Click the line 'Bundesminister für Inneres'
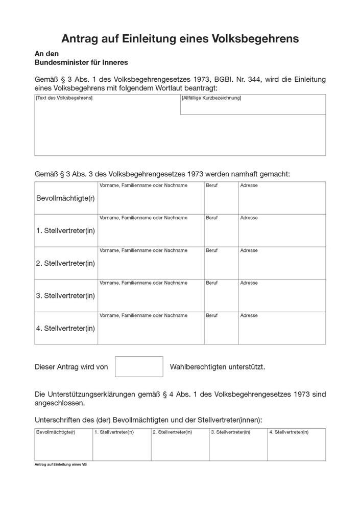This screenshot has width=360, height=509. [81, 63]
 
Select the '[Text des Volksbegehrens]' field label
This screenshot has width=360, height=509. [64, 98]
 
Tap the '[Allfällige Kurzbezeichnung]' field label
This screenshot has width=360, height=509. [211, 98]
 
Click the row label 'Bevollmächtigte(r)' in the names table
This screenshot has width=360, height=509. [65, 198]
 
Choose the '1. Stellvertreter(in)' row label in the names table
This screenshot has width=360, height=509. [65, 230]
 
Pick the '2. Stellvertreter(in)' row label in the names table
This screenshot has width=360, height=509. [65, 263]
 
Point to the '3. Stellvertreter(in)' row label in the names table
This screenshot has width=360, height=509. [65, 295]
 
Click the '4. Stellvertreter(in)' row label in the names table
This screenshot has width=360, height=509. [65, 328]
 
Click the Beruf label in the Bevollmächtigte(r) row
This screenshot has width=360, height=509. [211, 186]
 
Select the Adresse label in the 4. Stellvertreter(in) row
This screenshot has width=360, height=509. [249, 316]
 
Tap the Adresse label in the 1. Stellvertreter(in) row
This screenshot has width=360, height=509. [249, 218]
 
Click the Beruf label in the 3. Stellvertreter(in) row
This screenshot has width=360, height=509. [211, 283]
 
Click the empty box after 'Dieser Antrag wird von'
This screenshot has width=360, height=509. [139, 366]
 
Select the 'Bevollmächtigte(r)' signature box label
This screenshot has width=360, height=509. [55, 432]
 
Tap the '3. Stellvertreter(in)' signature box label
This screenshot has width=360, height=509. [231, 432]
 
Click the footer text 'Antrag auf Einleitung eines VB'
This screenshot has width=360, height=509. [60, 465]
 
